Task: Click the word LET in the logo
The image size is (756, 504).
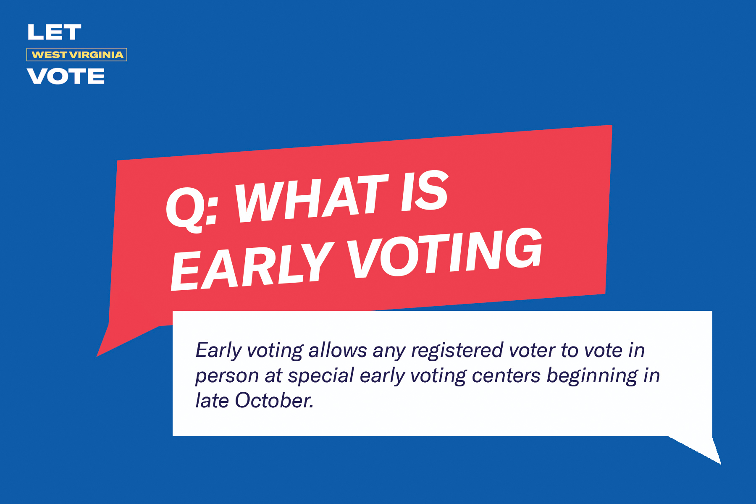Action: point(54,32)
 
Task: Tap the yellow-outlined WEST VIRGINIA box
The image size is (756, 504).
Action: point(77,55)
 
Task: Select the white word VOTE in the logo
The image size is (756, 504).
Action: point(66,76)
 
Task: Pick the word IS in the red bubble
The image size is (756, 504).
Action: point(424,191)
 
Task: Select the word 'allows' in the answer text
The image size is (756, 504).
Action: point(338,350)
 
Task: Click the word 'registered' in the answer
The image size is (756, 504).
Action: point(457,350)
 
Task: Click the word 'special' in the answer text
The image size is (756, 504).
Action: point(321,375)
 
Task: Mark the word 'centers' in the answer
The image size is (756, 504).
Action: point(506,375)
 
